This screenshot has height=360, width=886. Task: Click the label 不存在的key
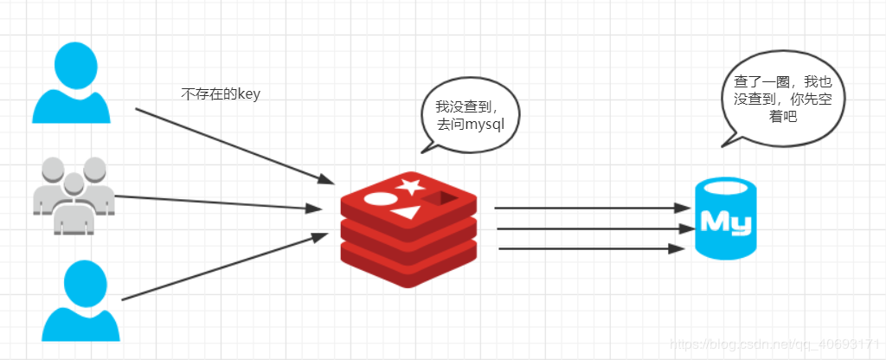(x=221, y=94)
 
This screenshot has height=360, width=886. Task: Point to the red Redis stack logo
(x=408, y=228)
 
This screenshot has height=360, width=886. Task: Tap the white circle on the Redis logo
(x=378, y=200)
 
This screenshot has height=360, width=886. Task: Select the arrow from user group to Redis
(x=216, y=202)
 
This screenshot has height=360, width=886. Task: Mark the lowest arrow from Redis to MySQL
(x=588, y=249)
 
